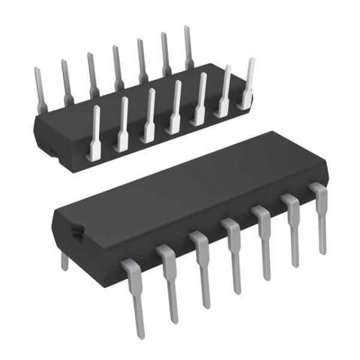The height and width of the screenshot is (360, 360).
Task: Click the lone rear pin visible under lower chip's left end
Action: tap(65, 261)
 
